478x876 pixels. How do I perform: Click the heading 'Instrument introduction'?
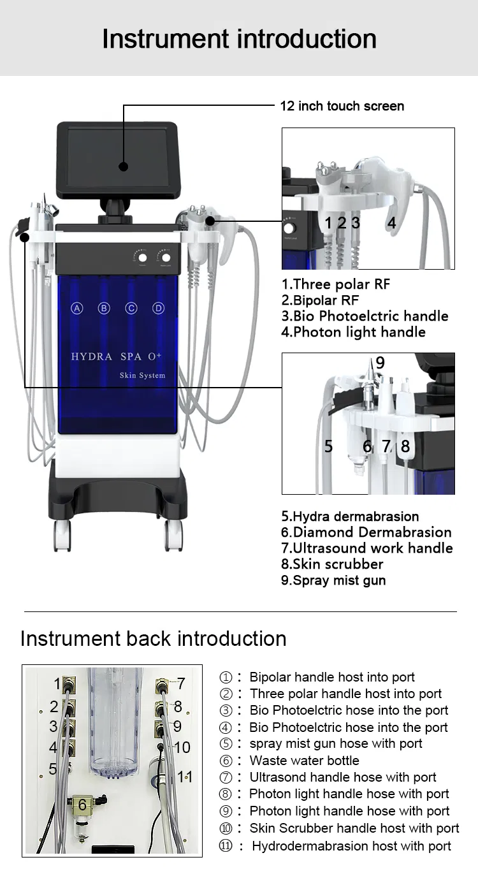pos(239,39)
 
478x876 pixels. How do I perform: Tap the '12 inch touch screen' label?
pos(342,106)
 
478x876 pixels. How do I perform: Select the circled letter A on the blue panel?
pos(76,309)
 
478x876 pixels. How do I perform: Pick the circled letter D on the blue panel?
pos(158,309)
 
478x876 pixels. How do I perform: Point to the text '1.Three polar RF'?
pos(335,284)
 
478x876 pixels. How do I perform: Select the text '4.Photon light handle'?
pos(353,332)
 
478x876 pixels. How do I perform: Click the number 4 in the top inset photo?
pos(391,223)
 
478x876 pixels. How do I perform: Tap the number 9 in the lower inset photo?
pos(380,363)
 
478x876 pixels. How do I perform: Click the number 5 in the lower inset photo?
pos(328,446)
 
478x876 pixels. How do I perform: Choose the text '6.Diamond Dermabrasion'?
pos(366,532)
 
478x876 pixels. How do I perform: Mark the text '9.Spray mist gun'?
pos(333,580)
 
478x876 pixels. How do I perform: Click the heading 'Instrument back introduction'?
pos(153,639)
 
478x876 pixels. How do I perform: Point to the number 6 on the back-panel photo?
pos(82,805)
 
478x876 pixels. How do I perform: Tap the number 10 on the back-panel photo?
pos(182,747)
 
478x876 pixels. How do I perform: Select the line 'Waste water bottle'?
pos(304,761)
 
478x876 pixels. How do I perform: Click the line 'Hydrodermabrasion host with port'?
pos(351,846)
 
